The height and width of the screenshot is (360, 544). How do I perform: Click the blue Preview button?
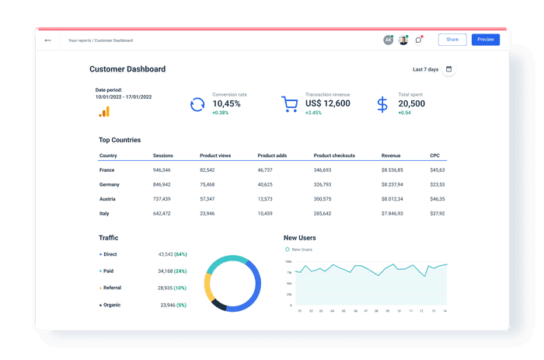pyautogui.click(x=486, y=40)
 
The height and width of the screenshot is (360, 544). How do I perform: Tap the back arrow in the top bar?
pyautogui.click(x=48, y=40)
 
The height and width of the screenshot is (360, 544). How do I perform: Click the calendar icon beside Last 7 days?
pyautogui.click(x=448, y=69)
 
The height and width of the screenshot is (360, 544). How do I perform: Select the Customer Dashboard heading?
pyautogui.click(x=127, y=69)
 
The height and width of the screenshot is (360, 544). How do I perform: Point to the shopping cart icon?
pyautogui.click(x=290, y=104)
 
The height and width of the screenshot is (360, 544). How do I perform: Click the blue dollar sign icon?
pyautogui.click(x=382, y=104)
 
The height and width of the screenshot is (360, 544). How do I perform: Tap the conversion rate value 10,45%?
pyautogui.click(x=227, y=103)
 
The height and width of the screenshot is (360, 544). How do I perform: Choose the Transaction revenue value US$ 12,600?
pyautogui.click(x=328, y=103)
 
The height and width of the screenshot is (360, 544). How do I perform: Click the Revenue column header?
pyautogui.click(x=391, y=156)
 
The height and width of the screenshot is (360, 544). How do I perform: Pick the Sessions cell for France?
pyautogui.click(x=162, y=170)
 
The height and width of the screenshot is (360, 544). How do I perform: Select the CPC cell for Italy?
pyautogui.click(x=437, y=213)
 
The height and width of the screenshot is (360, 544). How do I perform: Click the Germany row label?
pyautogui.click(x=109, y=184)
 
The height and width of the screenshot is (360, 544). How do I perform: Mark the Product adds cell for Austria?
pyautogui.click(x=265, y=199)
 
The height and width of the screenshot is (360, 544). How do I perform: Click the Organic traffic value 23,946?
pyautogui.click(x=167, y=305)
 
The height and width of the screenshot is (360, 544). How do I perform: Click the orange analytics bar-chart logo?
pyautogui.click(x=104, y=111)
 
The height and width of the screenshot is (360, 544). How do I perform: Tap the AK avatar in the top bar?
pyautogui.click(x=389, y=40)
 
